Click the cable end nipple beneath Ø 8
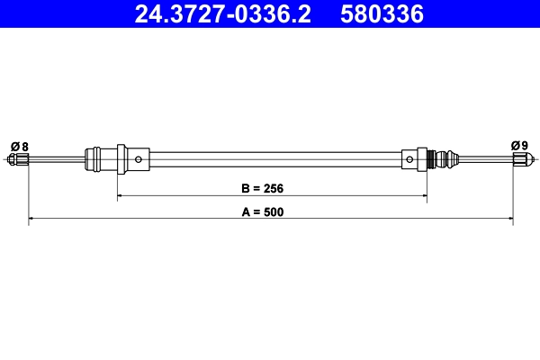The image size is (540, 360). click(x=19, y=160)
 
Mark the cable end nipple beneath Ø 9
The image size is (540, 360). click(x=519, y=160)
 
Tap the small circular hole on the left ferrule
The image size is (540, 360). click(x=139, y=160)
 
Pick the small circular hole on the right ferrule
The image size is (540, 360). click(x=410, y=160)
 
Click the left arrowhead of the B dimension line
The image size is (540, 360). click(x=121, y=195)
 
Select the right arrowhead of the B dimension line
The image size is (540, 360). click(x=423, y=195)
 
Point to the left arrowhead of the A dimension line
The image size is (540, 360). click(x=33, y=218)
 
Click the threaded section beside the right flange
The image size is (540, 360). click(x=438, y=160)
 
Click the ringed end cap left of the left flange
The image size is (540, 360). click(x=92, y=160)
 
